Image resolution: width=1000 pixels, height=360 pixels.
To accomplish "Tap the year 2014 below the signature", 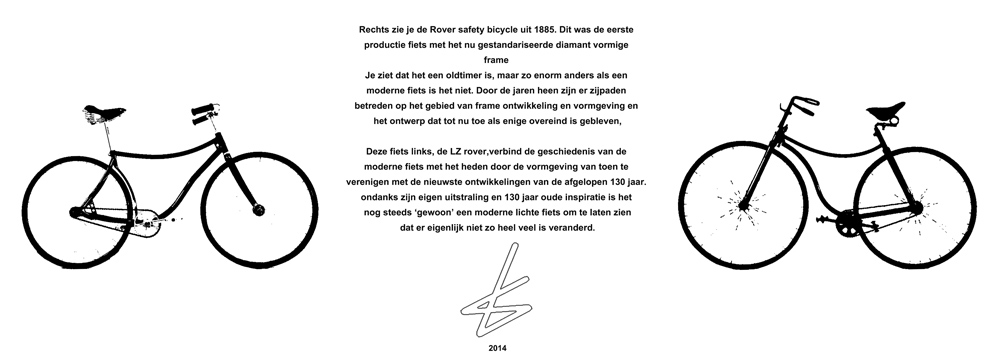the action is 499,348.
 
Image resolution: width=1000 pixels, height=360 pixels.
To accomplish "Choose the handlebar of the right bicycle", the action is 792,103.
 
